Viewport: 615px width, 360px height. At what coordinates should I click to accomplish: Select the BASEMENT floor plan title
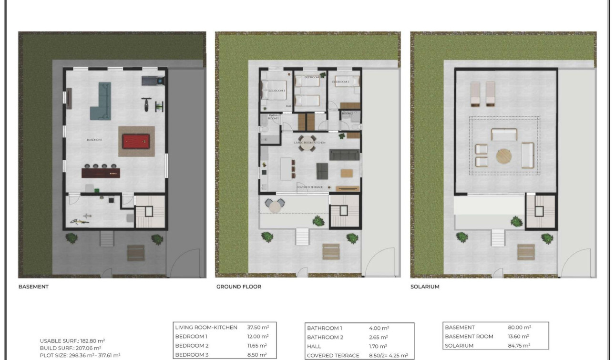[x=33, y=287]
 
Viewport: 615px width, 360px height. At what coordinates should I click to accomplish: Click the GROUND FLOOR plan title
[x=238, y=287]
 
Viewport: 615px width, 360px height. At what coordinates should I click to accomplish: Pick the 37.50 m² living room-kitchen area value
[x=258, y=328]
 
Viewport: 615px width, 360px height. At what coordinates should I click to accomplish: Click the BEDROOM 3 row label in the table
[x=192, y=355]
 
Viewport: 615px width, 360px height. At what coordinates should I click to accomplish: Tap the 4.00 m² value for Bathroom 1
[x=379, y=328]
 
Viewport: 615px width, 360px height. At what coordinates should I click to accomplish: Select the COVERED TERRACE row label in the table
[x=333, y=356]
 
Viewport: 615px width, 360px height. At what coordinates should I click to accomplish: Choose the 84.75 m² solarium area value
[x=519, y=346]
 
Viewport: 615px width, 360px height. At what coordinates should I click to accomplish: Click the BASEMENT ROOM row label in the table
[x=469, y=337]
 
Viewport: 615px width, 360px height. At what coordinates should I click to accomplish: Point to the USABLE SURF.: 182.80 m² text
[x=72, y=341]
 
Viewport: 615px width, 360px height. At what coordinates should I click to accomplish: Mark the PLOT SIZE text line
[x=80, y=355]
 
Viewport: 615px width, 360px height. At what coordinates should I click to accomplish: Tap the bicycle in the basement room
[x=81, y=219]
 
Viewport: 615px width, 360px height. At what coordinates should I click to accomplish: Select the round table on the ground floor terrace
[x=275, y=206]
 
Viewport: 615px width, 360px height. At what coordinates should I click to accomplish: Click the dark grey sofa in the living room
[x=345, y=155]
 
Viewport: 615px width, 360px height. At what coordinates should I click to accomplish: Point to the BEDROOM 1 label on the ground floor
[x=277, y=91]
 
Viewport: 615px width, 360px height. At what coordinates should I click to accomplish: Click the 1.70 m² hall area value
[x=378, y=346]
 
